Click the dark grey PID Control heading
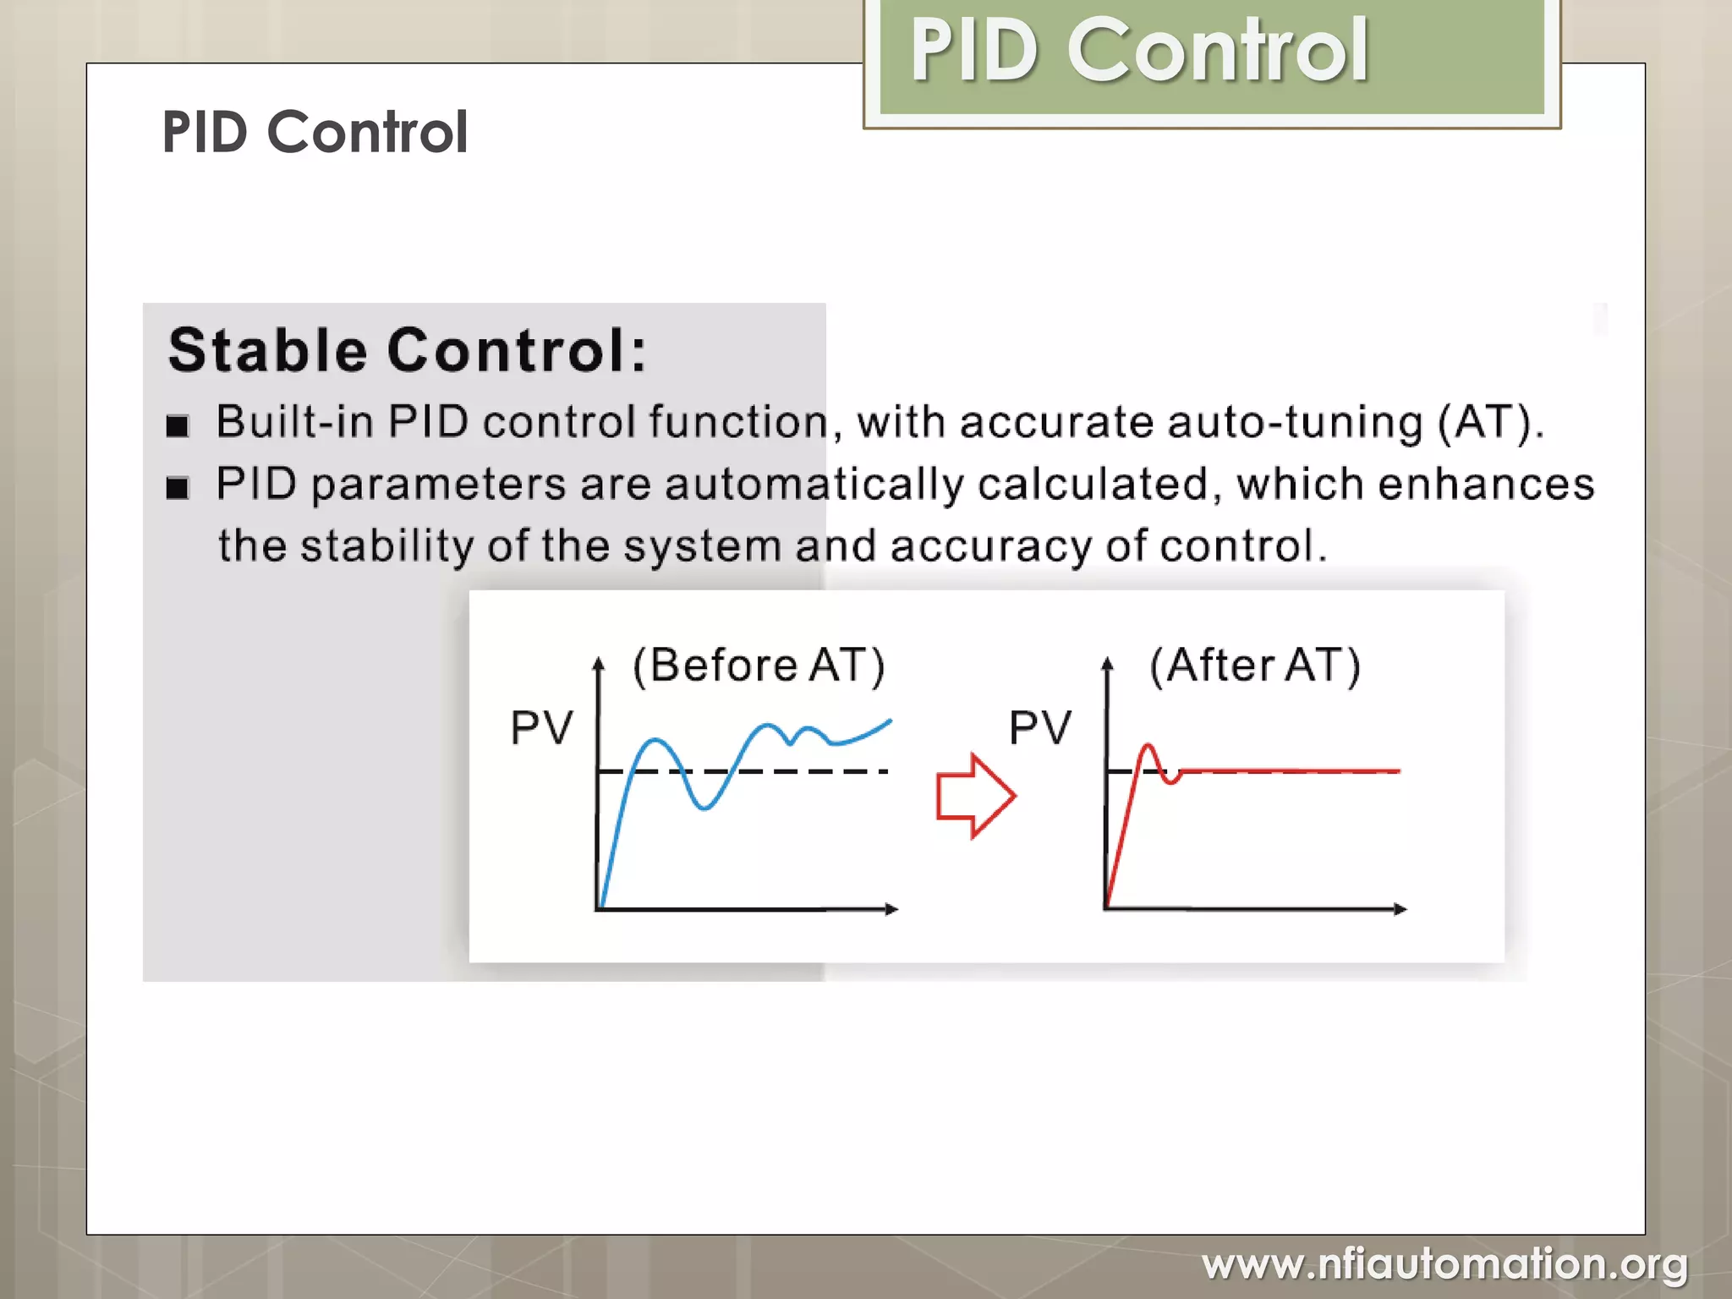(x=315, y=133)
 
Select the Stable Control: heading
(x=407, y=350)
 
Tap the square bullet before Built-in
(x=178, y=425)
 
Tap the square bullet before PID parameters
(x=178, y=488)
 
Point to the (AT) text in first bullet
(x=1490, y=422)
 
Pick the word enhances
(x=1485, y=485)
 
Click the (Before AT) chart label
(x=759, y=665)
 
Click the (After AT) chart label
(x=1255, y=665)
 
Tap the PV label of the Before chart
(x=541, y=727)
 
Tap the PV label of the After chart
(x=1039, y=727)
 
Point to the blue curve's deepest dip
(x=704, y=808)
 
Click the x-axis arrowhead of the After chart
(x=1400, y=909)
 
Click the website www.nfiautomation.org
(x=1444, y=1264)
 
